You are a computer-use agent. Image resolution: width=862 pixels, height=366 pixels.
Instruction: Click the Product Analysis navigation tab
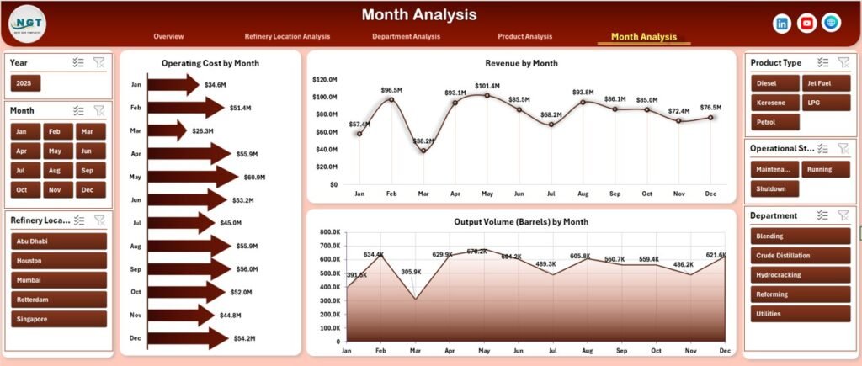click(x=524, y=36)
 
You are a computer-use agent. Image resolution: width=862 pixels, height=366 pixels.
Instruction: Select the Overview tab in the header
click(x=168, y=36)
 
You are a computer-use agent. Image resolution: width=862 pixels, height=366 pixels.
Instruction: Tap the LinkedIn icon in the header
click(x=782, y=24)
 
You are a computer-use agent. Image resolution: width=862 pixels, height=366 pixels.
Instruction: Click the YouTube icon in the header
click(x=806, y=24)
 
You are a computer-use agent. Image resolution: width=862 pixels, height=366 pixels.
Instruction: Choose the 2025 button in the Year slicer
click(x=25, y=83)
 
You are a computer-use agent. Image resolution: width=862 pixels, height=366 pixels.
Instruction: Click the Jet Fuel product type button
click(x=822, y=83)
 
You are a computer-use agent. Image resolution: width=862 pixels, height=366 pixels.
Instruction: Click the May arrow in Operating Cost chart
click(x=193, y=177)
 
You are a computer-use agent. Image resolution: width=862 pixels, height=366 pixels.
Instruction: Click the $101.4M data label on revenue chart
click(x=487, y=86)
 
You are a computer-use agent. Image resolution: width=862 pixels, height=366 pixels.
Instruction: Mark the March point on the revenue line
click(x=423, y=151)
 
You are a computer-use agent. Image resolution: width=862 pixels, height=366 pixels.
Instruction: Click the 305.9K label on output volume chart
click(x=412, y=272)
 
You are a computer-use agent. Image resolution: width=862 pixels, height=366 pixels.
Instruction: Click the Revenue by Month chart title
click(x=521, y=63)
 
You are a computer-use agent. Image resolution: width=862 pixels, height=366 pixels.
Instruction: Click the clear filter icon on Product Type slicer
click(x=843, y=62)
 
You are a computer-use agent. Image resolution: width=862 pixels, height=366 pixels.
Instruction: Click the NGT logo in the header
click(x=27, y=24)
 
